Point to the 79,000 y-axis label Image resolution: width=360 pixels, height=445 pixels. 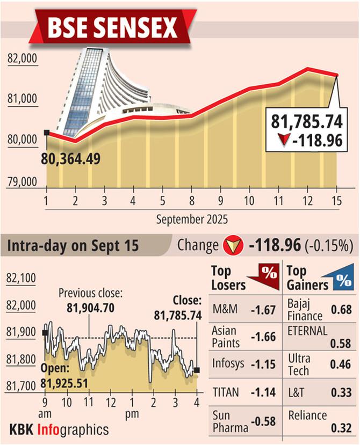23,181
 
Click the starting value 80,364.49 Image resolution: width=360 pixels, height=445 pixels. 74,159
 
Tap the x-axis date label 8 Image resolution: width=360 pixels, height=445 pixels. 192,202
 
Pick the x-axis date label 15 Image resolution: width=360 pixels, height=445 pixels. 336,202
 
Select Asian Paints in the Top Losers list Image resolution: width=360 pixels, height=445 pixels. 224,337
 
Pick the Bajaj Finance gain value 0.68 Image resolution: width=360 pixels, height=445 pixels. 342,310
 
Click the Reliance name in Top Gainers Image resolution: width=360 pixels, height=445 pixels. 307,415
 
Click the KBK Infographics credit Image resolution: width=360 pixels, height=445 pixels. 59,429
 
